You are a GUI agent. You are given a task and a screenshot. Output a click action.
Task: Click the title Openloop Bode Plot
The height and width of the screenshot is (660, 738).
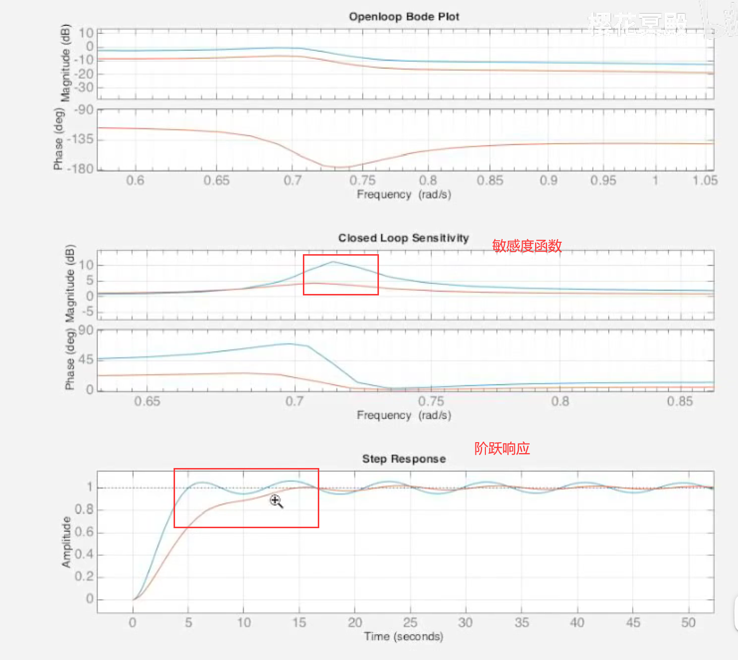click(404, 16)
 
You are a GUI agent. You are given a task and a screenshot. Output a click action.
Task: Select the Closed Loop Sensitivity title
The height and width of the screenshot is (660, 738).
click(403, 238)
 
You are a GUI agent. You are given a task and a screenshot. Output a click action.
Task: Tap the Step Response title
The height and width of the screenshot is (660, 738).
click(404, 459)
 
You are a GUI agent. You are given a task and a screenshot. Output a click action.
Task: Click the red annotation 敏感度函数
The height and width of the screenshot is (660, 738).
click(527, 246)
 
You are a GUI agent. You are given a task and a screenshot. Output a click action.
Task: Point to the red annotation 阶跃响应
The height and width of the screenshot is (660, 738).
click(502, 449)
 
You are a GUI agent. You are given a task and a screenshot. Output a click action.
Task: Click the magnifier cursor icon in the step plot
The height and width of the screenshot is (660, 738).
click(276, 501)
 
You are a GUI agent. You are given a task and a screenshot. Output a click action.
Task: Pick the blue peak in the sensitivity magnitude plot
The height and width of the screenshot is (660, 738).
click(333, 262)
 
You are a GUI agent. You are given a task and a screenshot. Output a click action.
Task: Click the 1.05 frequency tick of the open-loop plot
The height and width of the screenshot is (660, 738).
click(705, 180)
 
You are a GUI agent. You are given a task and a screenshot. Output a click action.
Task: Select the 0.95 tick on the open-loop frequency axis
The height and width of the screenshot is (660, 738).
click(603, 180)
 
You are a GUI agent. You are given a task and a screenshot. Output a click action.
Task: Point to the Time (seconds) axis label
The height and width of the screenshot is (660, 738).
click(403, 636)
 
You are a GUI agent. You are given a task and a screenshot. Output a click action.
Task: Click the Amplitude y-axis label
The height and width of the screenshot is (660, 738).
click(66, 542)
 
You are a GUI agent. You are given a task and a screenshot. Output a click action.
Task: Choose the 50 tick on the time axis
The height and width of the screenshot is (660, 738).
click(688, 622)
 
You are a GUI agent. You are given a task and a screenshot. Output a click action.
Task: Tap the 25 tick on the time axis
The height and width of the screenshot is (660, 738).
click(410, 622)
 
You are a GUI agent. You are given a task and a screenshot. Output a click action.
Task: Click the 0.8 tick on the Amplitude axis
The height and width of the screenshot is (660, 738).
click(84, 509)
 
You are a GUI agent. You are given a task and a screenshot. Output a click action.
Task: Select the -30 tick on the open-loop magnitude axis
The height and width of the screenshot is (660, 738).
click(84, 88)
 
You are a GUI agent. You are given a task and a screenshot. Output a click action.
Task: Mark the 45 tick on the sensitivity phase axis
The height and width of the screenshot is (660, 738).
click(86, 360)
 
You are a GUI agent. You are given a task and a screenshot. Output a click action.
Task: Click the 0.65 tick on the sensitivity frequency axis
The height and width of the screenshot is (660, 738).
click(147, 401)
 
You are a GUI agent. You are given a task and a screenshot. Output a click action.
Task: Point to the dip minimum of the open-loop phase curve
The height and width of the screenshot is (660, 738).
click(336, 167)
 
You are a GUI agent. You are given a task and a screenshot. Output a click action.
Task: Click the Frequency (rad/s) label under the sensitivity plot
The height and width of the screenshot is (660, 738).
click(403, 415)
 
